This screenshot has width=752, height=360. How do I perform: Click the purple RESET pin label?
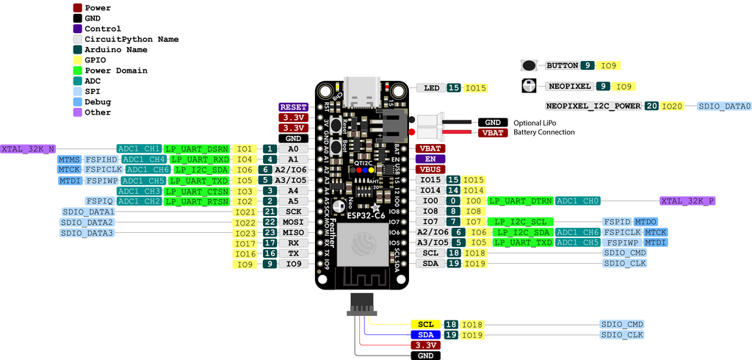(293, 107)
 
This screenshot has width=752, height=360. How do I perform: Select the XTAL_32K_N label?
(29, 148)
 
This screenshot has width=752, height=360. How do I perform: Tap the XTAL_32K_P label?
(688, 201)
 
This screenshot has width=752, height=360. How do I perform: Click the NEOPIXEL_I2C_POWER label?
(593, 106)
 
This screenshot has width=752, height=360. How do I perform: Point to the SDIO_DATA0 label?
(724, 107)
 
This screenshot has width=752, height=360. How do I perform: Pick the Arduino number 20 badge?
(651, 106)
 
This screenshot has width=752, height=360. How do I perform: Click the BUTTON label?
(562, 65)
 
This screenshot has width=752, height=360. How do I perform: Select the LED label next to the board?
(431, 88)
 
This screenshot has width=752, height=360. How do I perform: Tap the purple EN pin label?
(430, 159)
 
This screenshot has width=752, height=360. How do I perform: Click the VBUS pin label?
(430, 169)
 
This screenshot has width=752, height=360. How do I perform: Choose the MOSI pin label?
(293, 222)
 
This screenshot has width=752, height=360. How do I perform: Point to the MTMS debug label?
(70, 159)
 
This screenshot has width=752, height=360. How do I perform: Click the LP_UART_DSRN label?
(197, 148)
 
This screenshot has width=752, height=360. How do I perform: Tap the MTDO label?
(646, 221)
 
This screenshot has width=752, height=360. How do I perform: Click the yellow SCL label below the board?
(426, 324)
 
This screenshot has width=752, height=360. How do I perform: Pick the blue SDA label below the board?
(426, 334)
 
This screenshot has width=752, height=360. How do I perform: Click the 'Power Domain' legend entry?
(116, 71)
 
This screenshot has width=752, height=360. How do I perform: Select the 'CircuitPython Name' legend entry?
(131, 39)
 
